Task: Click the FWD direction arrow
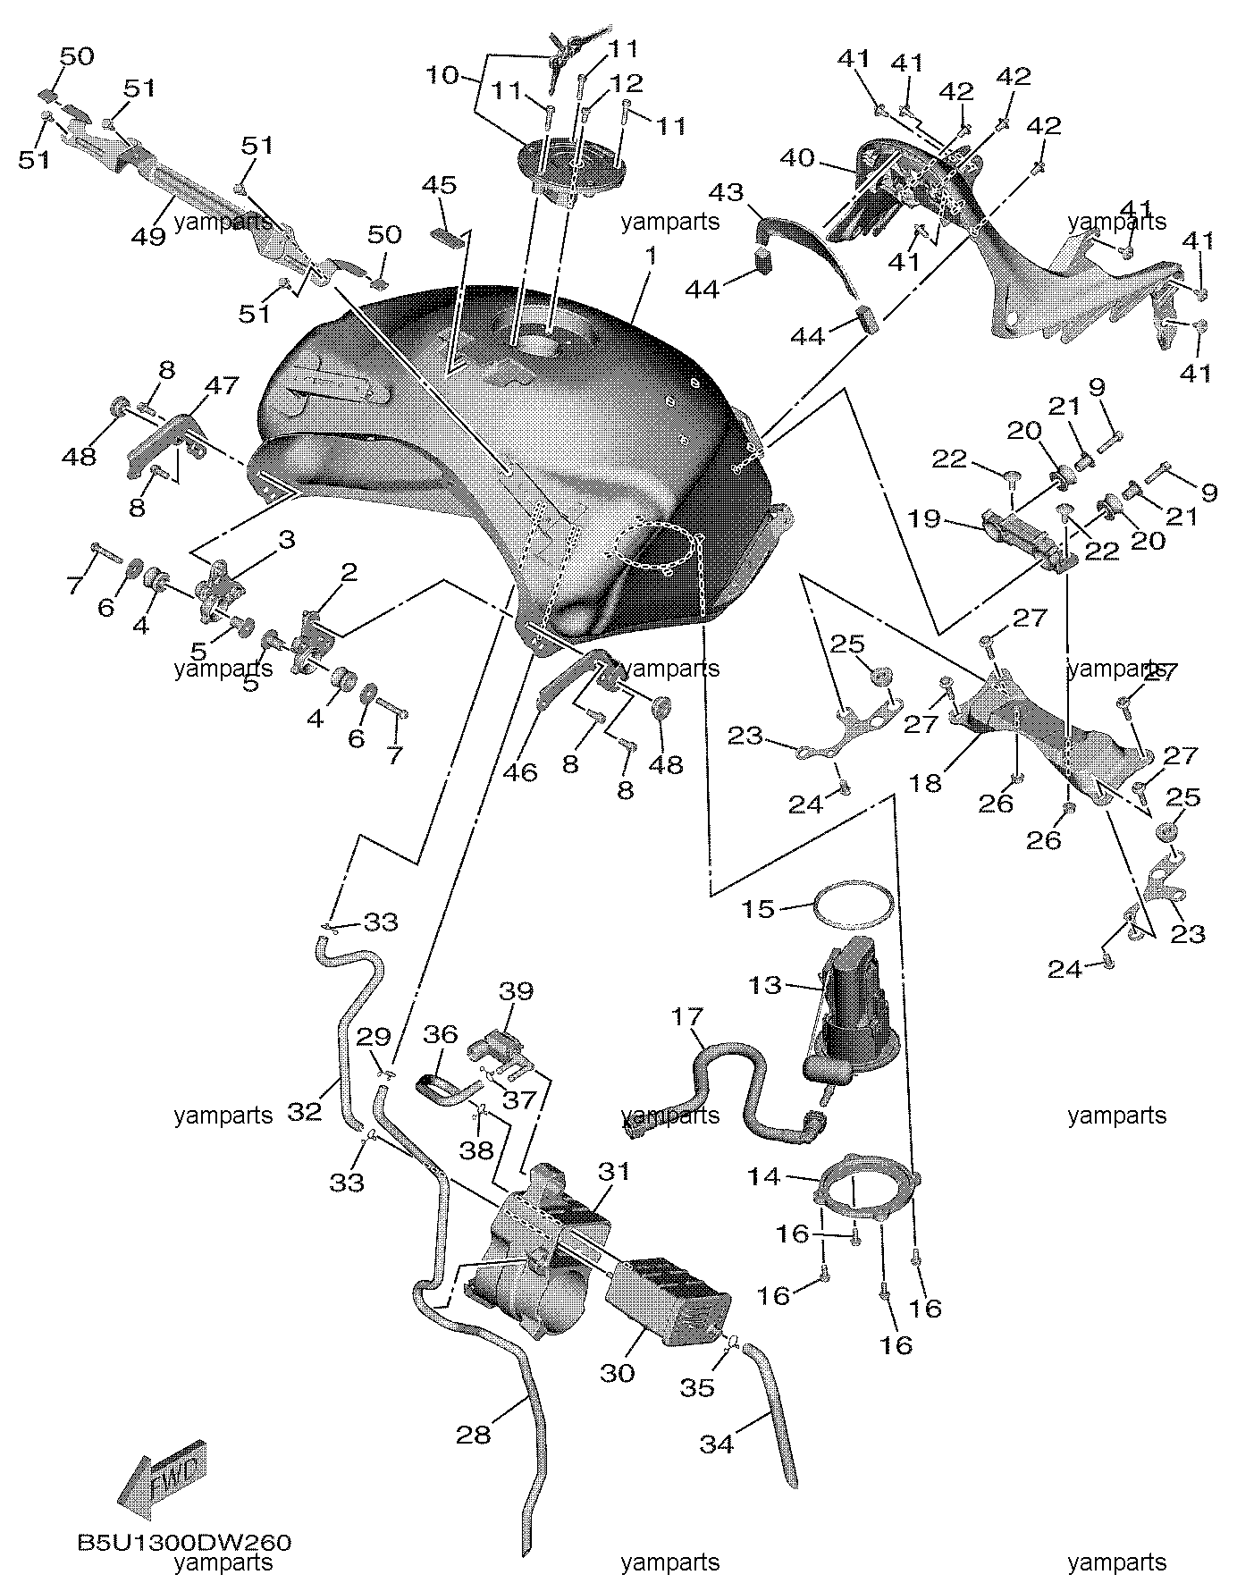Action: pos(164,1480)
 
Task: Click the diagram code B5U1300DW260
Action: pos(184,1543)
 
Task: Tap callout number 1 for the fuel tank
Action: pos(651,257)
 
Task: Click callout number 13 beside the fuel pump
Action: pos(765,985)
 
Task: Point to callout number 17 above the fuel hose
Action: pos(686,1017)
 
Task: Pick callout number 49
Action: pos(148,237)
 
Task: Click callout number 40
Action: pos(797,158)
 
